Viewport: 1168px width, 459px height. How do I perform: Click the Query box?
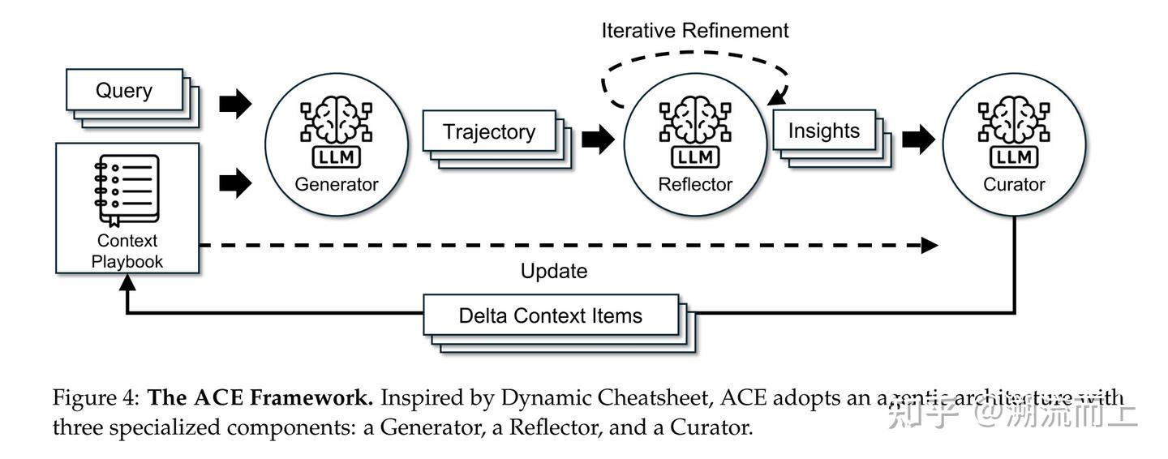[123, 90]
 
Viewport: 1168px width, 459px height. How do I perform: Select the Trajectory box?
[489, 132]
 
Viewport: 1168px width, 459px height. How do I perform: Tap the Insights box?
[823, 131]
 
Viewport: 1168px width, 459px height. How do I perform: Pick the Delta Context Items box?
[551, 315]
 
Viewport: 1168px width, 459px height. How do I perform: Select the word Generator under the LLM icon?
[336, 185]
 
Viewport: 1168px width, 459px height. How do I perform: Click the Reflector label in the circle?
[695, 185]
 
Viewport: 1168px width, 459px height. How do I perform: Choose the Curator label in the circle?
[1014, 185]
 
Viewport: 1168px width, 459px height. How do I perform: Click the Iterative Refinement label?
[694, 31]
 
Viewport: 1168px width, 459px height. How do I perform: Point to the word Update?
[554, 271]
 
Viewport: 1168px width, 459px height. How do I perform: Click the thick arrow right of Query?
[236, 105]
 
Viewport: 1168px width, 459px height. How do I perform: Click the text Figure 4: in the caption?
[97, 398]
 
